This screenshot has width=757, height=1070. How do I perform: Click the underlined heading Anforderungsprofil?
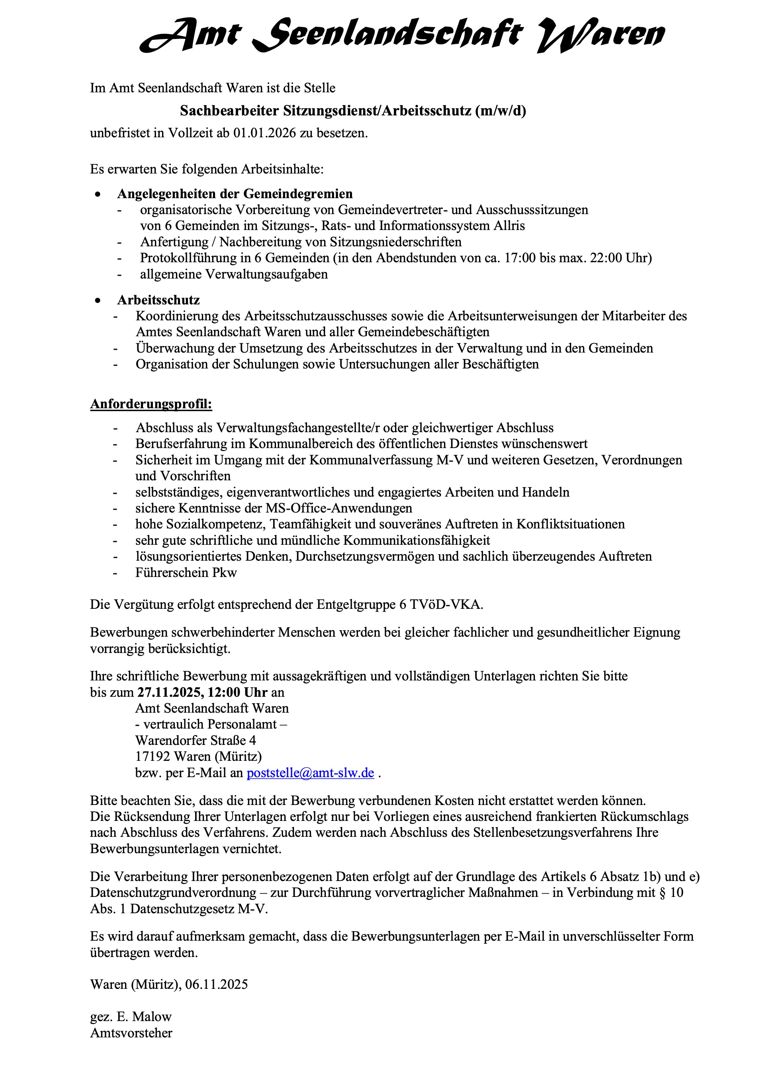[x=151, y=403]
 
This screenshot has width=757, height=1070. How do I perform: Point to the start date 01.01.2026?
[x=265, y=133]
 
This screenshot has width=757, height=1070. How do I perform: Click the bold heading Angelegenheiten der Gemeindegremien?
[x=235, y=193]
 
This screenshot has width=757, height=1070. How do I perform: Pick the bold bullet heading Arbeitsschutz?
[x=158, y=300]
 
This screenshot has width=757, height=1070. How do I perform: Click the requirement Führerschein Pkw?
[x=186, y=572]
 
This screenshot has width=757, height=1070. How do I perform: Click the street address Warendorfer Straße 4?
[x=196, y=741]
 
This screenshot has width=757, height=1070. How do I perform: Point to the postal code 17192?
[x=153, y=756]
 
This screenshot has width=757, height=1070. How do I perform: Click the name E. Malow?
[x=145, y=1016]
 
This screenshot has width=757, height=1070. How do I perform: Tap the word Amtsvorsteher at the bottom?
[x=131, y=1033]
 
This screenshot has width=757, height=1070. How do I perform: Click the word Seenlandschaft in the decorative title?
[x=387, y=35]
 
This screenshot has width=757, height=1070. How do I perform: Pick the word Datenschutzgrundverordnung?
[x=173, y=893]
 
